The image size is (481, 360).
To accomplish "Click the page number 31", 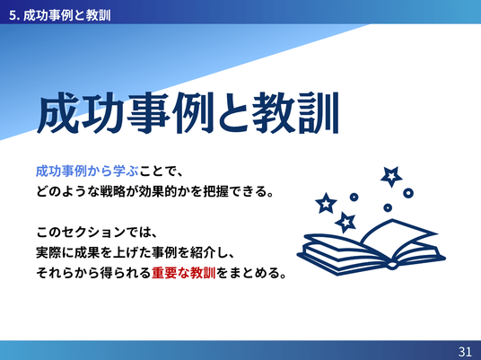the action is click(465, 351).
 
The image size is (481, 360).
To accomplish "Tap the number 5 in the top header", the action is click(12, 15).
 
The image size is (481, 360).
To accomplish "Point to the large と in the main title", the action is click(232, 112).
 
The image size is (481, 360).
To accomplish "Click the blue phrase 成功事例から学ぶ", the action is click(87, 171).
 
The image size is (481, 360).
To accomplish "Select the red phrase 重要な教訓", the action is click(184, 273).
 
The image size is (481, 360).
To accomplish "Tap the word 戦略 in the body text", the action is click(113, 191).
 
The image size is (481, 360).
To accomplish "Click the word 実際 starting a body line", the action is click(49, 252).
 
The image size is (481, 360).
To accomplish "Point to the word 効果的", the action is click(158, 191).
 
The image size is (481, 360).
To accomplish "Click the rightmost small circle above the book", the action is click(408, 193).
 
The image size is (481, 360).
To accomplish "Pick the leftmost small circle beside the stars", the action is click(354, 197).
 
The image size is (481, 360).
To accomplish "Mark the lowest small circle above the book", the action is click(388, 207).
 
